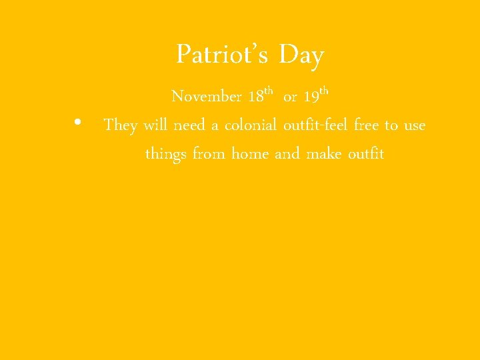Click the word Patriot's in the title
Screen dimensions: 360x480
click(x=222, y=55)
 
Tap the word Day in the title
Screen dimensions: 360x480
click(x=301, y=55)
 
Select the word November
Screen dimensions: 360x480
click(x=207, y=97)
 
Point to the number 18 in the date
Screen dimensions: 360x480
click(x=255, y=97)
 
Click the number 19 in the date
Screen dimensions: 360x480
click(x=311, y=97)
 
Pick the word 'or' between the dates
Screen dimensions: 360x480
click(x=290, y=98)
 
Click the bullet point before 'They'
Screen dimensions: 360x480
click(x=78, y=123)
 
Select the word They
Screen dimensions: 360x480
click(x=121, y=125)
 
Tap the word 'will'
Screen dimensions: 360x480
click(x=155, y=125)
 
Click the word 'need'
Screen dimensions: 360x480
click(x=190, y=125)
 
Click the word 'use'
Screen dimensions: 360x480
click(x=414, y=126)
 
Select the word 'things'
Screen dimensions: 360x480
click(x=165, y=155)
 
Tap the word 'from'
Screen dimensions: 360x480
click(x=209, y=154)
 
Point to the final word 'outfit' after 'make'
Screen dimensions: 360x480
click(x=366, y=154)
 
